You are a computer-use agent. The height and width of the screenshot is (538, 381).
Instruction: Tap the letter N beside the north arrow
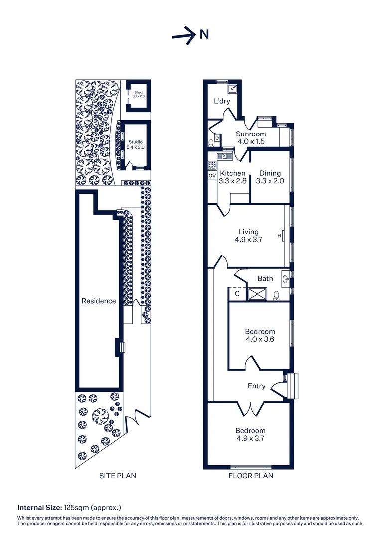click(x=204, y=34)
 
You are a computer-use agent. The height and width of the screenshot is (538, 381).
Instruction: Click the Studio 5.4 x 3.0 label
click(x=136, y=145)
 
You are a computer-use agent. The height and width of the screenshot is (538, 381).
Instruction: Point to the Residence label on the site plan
click(x=99, y=301)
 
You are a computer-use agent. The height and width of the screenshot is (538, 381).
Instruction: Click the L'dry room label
click(x=222, y=102)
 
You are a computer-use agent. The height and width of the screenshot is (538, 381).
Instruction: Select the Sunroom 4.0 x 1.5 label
click(x=250, y=137)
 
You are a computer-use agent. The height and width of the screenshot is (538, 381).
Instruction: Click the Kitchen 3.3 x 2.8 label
click(x=233, y=177)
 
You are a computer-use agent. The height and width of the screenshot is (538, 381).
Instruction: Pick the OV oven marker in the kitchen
click(x=212, y=176)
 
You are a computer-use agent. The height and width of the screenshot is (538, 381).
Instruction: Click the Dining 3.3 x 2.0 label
click(x=270, y=177)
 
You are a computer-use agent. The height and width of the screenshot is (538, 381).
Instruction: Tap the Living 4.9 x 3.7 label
click(x=248, y=235)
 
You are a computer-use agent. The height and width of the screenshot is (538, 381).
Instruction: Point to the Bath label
click(x=265, y=278)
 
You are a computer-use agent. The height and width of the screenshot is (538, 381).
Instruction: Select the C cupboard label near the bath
click(x=237, y=294)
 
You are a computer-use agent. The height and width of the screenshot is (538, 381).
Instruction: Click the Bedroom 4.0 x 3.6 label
click(x=260, y=335)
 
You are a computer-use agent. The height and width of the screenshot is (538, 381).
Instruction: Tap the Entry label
click(x=257, y=386)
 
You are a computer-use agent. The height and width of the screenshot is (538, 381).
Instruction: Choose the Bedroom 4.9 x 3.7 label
click(x=250, y=434)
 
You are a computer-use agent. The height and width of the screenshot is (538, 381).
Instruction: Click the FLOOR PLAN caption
click(x=251, y=476)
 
